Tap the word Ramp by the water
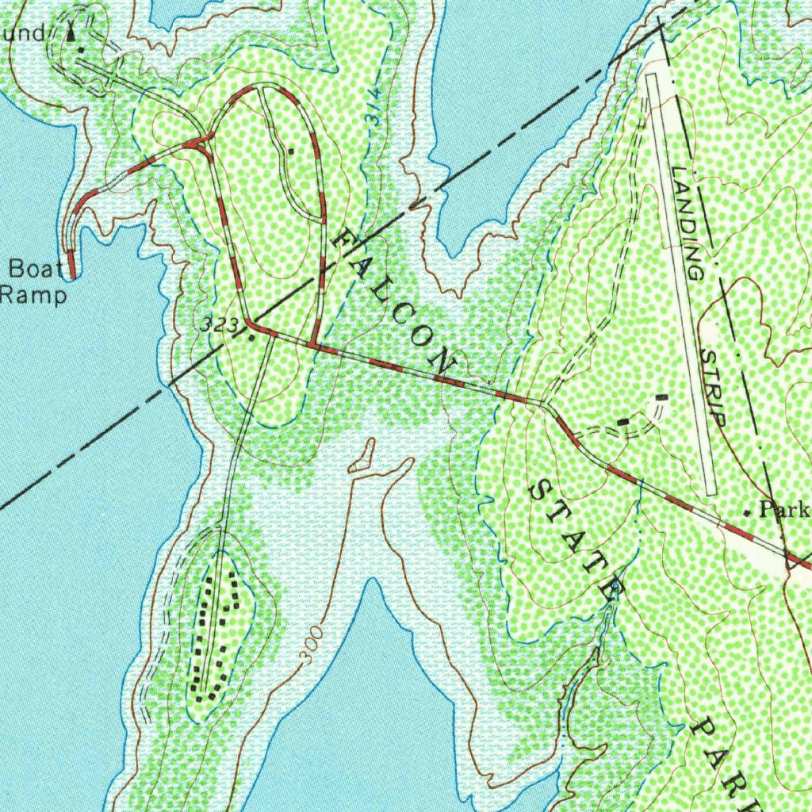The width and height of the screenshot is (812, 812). pos(33,296)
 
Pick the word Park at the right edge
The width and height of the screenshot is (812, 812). pos(784,509)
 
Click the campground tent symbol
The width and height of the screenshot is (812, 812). pos(72,33)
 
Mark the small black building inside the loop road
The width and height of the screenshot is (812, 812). pos(291,149)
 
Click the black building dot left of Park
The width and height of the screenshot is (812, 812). pos(747,513)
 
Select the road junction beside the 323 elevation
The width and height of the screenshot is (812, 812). pos(250,324)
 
